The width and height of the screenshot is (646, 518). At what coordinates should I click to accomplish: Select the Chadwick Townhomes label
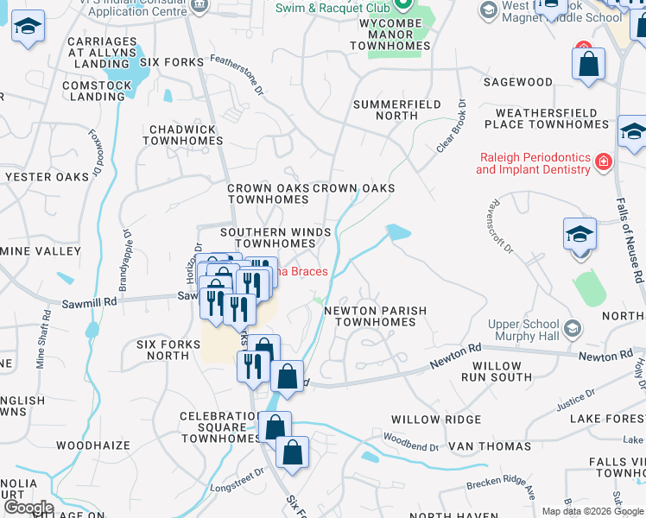tap(187, 135)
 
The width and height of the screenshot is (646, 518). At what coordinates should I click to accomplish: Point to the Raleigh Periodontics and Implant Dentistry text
tap(533, 163)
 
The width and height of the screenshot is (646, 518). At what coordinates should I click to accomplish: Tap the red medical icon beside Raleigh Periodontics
tap(603, 161)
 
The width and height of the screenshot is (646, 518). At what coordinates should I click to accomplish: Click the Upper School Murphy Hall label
tap(523, 330)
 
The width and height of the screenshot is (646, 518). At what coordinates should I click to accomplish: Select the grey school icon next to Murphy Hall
tap(571, 328)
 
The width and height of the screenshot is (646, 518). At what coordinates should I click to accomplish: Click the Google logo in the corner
tap(28, 508)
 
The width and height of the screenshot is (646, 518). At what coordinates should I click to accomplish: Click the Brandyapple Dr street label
tap(126, 256)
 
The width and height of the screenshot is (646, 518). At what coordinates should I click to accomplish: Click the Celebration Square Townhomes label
tap(219, 426)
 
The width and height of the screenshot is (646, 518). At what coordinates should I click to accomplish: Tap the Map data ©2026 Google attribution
tap(592, 511)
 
